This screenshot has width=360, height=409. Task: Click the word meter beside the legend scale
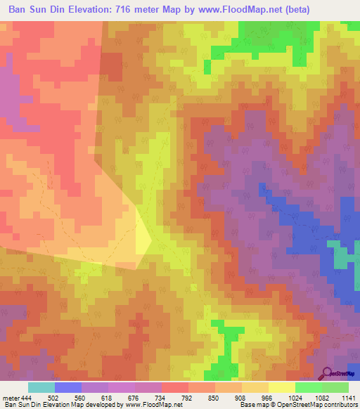[x=11, y=397]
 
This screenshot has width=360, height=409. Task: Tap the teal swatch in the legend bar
[x=41, y=387]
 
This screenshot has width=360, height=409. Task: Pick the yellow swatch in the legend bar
[x=281, y=387]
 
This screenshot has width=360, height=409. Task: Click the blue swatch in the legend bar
[x=68, y=387]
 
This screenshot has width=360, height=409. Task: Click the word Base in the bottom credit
[x=247, y=405]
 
